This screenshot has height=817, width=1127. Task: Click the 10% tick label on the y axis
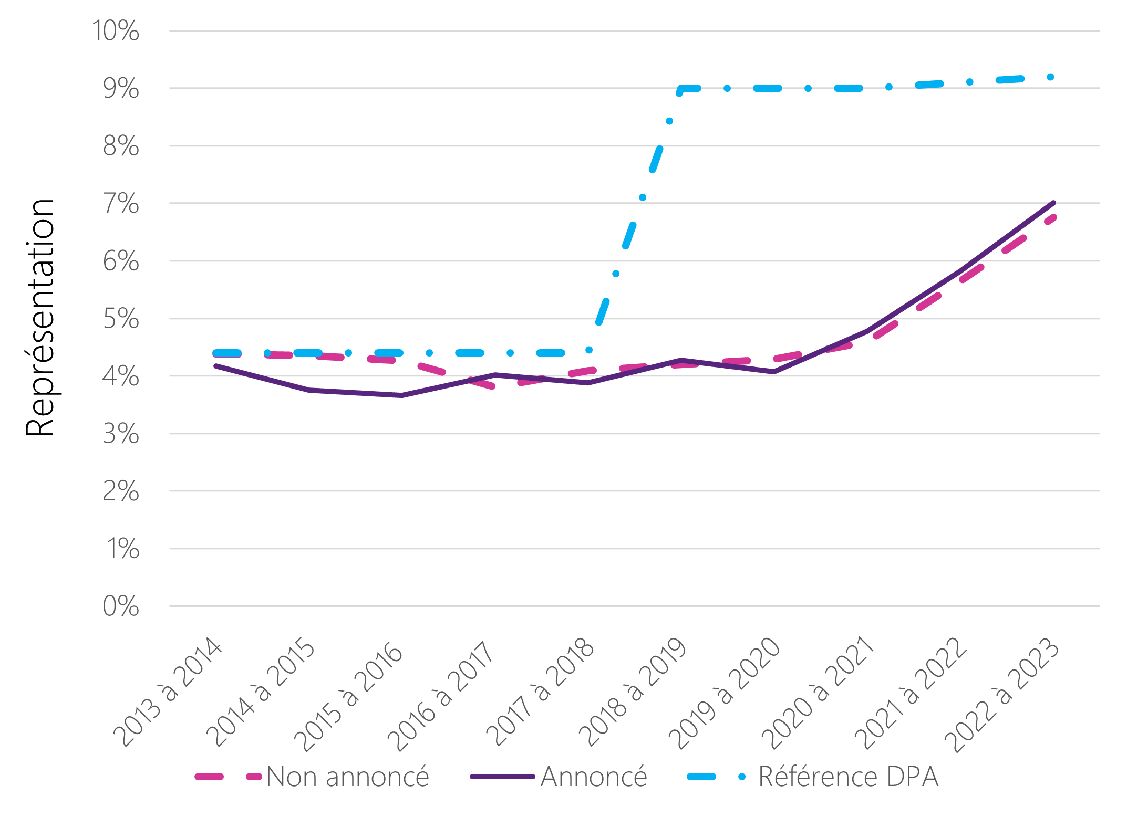116,31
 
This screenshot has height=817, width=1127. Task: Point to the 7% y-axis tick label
121,204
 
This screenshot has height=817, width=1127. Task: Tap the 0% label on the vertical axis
121,606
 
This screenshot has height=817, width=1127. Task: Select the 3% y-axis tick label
121,434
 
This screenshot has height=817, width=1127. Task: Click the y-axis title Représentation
40,318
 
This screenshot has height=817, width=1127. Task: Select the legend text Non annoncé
347,777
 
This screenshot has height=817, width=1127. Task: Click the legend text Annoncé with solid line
594,777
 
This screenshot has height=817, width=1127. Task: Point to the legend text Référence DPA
848,777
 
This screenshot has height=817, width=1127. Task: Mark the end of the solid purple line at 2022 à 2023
1053,203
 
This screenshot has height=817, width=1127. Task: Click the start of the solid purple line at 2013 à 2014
216,366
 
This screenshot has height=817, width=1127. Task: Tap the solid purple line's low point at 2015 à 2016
402,395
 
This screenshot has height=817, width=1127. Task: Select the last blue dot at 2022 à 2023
1051,77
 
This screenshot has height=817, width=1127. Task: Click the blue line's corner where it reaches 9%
681,89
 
